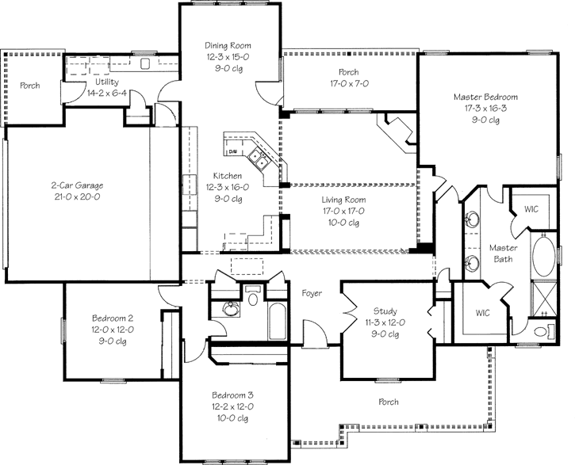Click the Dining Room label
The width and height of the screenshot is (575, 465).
coord(228,46)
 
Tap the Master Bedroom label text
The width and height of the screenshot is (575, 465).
coord(486,97)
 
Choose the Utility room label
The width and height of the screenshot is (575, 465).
coord(108,82)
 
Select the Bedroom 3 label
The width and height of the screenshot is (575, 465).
coord(232,394)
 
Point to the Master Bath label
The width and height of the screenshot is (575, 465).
coord(502,253)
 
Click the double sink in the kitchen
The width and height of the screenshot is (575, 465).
coord(259,158)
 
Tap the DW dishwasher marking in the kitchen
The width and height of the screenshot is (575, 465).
coord(233,150)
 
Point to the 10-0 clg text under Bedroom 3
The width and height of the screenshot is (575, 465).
coord(232,417)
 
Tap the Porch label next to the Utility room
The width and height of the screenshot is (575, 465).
coord(30,86)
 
